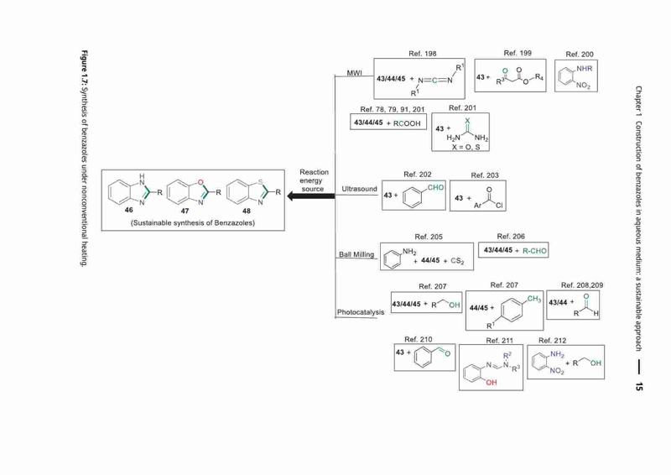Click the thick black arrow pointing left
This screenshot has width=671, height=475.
[x=310, y=196]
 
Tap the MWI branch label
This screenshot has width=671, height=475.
[x=354, y=73]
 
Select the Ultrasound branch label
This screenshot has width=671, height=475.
[x=360, y=189]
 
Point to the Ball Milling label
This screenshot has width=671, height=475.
[x=356, y=254]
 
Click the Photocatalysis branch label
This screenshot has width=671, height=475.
[x=361, y=312]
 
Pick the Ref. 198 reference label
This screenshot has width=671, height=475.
[x=423, y=54]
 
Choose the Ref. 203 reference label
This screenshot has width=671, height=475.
[x=485, y=175]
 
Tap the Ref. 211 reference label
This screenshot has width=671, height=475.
[x=499, y=341]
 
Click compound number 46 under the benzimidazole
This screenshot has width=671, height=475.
[x=129, y=210]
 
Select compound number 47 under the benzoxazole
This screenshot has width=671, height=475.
[x=185, y=211]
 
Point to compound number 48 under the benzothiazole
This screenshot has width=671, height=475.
[x=247, y=211]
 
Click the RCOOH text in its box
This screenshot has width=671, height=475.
[x=407, y=123]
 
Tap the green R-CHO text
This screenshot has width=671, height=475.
[x=535, y=251]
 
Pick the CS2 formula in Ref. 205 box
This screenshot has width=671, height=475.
[x=457, y=261]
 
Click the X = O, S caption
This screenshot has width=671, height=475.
[x=466, y=147]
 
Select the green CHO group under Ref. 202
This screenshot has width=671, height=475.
[x=435, y=188]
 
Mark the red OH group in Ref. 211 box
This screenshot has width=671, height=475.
[x=492, y=383]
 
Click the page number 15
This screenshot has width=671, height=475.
[x=639, y=386]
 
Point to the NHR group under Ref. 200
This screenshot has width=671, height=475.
[x=585, y=69]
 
